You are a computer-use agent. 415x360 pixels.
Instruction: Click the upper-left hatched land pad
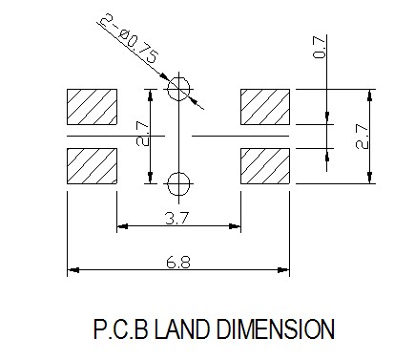(x=92, y=107)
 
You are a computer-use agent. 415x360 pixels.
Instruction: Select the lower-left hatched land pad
(x=92, y=166)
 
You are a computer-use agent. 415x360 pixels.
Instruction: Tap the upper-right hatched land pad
(x=265, y=107)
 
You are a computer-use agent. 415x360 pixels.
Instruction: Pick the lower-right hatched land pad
(x=265, y=166)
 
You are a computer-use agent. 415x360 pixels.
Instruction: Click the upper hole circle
(x=190, y=89)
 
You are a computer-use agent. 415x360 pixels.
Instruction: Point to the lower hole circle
(x=190, y=183)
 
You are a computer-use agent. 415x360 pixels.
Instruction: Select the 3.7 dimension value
(x=177, y=219)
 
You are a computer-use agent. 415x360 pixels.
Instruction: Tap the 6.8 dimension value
(x=178, y=263)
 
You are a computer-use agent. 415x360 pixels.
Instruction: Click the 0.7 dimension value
(x=320, y=48)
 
